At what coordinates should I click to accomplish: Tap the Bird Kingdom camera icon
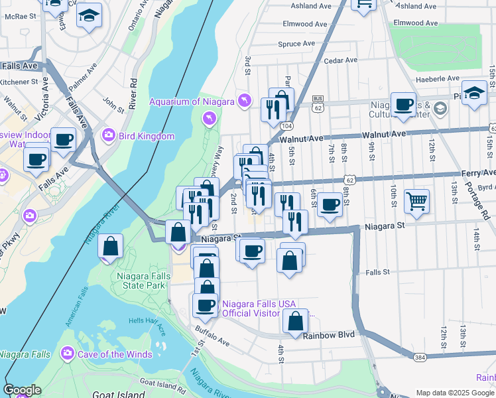[108, 136]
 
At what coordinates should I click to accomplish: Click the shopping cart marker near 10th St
[416, 201]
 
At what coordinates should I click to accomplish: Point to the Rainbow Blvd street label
[326, 336]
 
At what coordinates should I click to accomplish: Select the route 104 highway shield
[286, 125]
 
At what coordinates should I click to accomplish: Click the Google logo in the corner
[22, 390]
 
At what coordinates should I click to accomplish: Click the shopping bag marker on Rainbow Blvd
[296, 322]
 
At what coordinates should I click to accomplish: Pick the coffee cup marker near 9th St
[403, 105]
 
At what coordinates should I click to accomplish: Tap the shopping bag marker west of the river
[110, 246]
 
